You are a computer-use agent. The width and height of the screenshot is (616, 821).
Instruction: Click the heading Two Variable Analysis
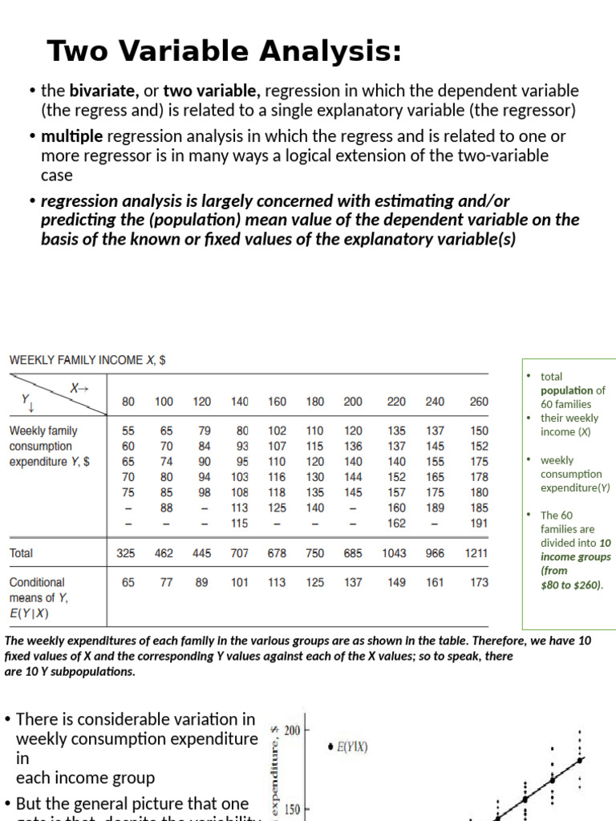pos(224,51)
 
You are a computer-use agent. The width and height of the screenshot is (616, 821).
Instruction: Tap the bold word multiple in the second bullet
pos(71,137)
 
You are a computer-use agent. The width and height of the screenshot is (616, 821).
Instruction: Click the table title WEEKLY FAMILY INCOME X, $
pos(87,361)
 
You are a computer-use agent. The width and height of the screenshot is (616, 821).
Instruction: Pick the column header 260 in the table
pos(478,402)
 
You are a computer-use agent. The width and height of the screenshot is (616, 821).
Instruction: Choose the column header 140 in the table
pos(240,402)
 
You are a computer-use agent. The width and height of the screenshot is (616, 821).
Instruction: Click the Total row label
pos(22,553)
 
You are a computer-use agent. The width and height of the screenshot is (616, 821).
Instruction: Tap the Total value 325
pos(125,553)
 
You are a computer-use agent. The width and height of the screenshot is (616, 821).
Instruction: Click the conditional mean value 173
pos(478,583)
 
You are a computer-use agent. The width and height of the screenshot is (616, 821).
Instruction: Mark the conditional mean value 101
pos(240,583)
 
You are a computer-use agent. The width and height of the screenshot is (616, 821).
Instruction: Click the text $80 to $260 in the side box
pos(570,584)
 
